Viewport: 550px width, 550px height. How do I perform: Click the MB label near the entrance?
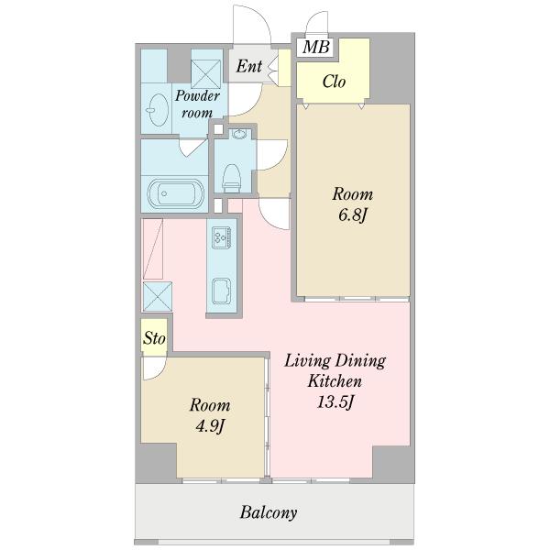[x=316, y=47]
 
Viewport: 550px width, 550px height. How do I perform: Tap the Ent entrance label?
[x=249, y=66]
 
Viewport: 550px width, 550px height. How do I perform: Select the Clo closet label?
[x=334, y=82]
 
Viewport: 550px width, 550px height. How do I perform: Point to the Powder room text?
[x=197, y=104]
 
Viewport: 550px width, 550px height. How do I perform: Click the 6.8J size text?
[x=353, y=214]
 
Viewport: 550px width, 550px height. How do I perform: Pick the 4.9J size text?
[x=210, y=426]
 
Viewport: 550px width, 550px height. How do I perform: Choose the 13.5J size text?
[x=335, y=401]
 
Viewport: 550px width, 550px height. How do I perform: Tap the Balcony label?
[x=269, y=512]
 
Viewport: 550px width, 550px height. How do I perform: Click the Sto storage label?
[x=154, y=338]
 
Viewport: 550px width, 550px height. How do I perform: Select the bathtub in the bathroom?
[x=175, y=193]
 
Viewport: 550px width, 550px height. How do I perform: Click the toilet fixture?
[x=232, y=178]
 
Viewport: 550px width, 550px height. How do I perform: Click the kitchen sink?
[x=222, y=291]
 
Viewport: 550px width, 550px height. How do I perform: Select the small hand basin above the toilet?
[x=239, y=134]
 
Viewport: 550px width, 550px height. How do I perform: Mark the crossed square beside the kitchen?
[x=158, y=296]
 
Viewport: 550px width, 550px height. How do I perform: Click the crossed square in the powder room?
[x=206, y=74]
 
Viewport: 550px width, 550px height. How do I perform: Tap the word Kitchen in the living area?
[x=335, y=381]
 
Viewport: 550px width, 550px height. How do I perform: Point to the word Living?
[x=307, y=361]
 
